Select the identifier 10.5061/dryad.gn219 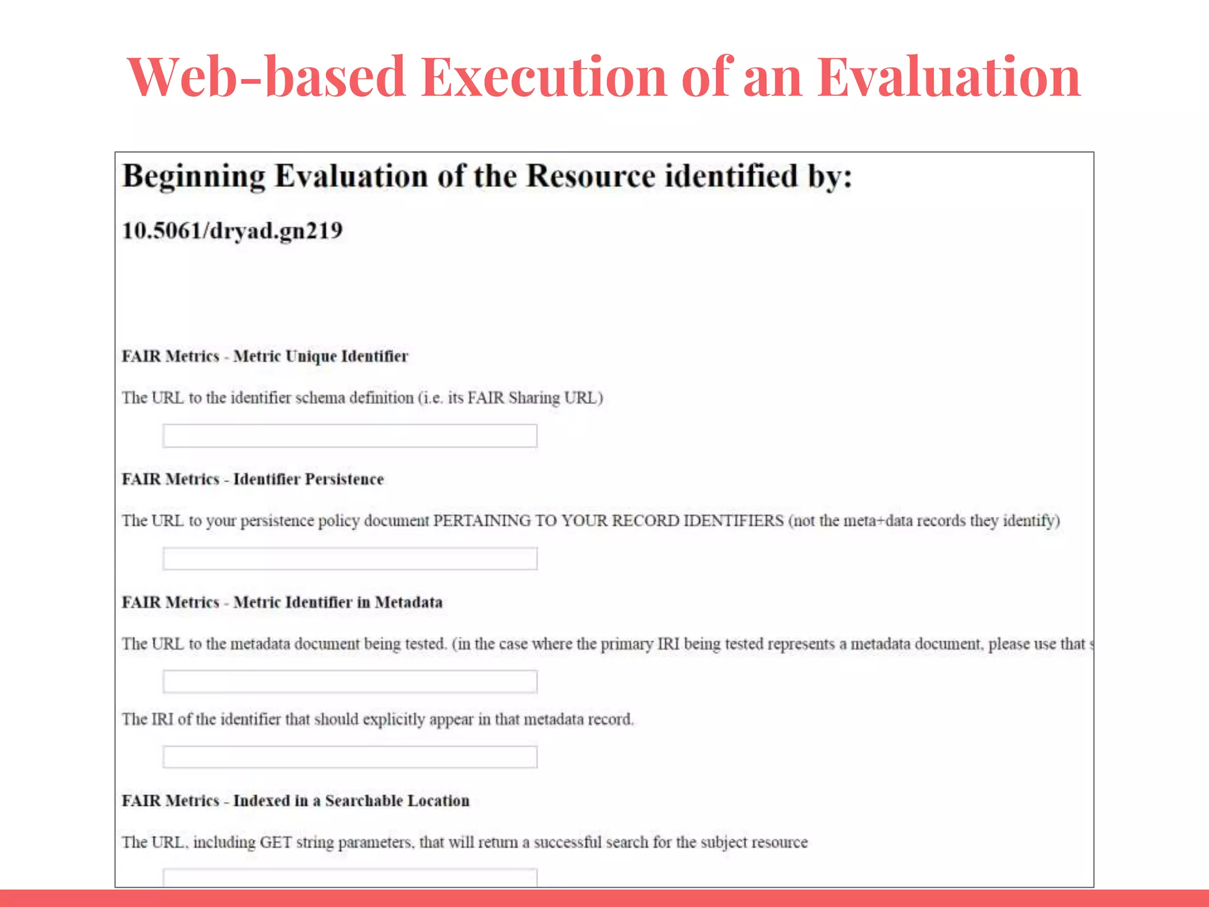pos(232,231)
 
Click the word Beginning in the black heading pos(194,177)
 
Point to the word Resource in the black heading pos(590,177)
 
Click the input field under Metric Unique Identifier pos(350,436)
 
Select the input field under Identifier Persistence pos(350,559)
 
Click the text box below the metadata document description pos(350,681)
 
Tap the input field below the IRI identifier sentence pos(350,757)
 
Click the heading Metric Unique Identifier pos(321,357)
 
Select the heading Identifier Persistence pos(308,479)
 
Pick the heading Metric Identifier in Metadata pos(338,602)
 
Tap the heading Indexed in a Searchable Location pos(351,801)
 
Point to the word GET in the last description pos(276,842)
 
